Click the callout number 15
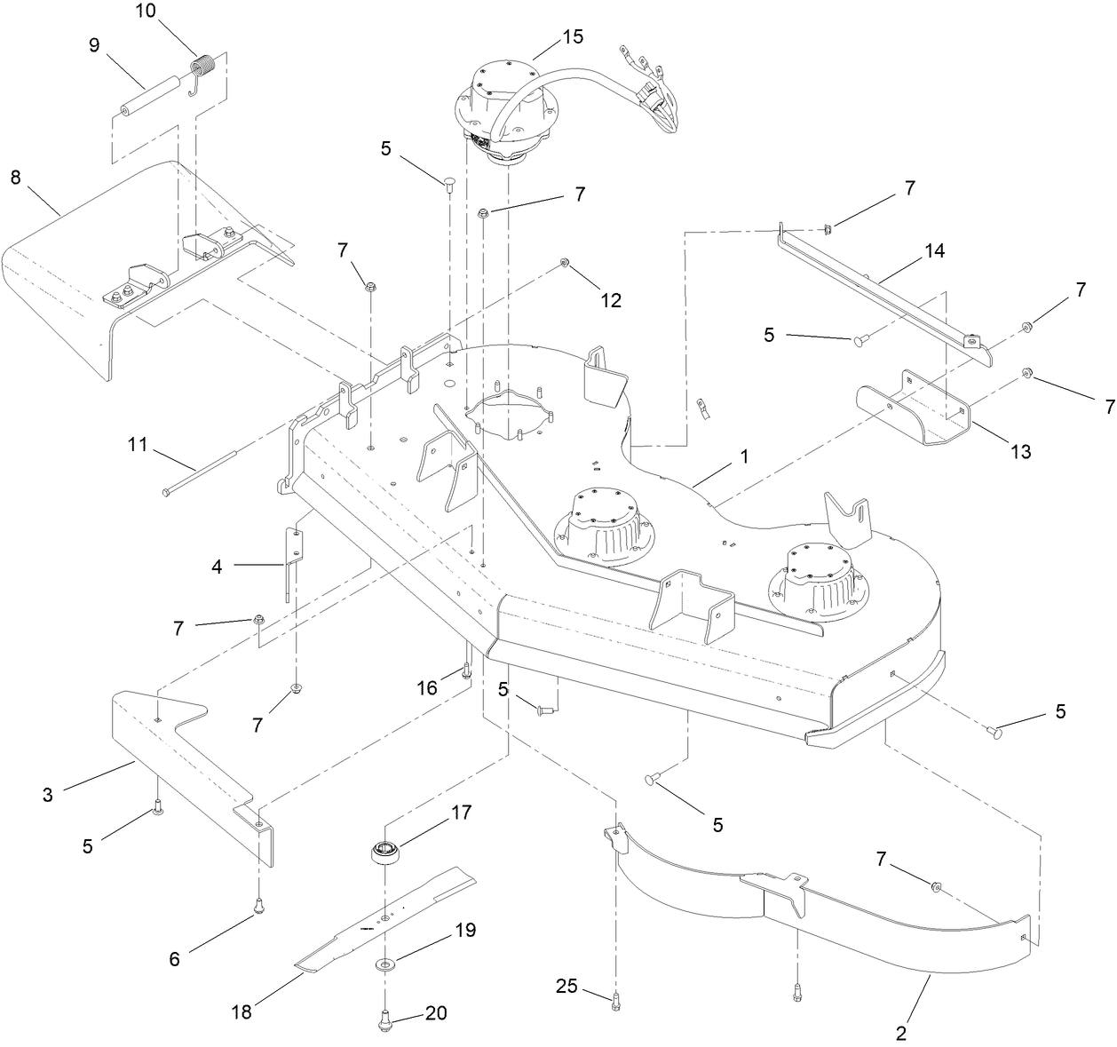573,36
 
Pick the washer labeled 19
386,964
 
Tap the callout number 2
901,1033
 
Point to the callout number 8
15,176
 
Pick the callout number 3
47,795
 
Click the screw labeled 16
464,670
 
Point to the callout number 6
174,958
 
